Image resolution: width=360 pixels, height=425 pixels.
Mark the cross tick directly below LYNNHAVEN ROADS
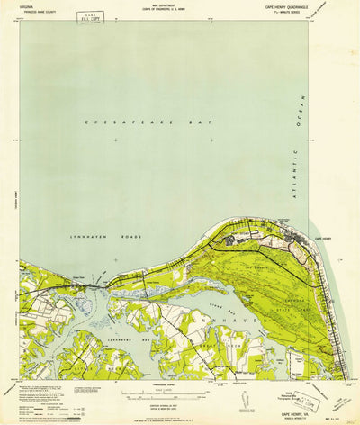coord(115,259)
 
